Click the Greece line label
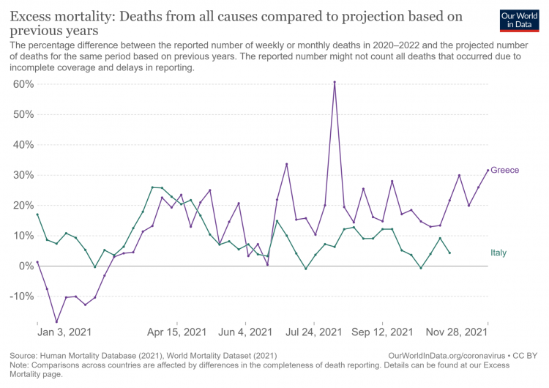[x=505, y=171]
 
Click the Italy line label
[x=498, y=253]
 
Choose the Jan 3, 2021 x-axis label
[x=61, y=332]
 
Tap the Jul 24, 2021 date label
[x=314, y=332]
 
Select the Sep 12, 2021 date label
[x=382, y=332]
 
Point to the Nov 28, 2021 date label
[x=457, y=332]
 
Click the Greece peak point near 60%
[x=335, y=82]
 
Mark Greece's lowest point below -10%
[x=56, y=321]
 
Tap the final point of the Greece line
[x=488, y=171]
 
